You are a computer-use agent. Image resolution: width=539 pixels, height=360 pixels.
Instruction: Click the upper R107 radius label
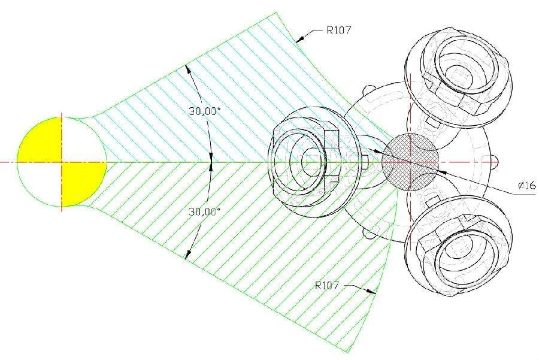(338, 31)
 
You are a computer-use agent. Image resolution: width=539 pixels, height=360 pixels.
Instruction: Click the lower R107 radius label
(327, 285)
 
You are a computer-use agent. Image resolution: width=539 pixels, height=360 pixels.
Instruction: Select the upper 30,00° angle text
(204, 111)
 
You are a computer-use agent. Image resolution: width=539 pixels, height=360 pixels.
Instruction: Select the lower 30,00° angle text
(204, 211)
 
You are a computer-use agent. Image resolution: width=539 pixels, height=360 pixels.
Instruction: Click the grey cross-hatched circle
(410, 162)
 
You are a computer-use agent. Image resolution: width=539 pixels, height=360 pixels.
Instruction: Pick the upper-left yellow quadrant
(41, 141)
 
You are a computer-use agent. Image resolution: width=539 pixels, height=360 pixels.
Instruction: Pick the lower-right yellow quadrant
(83, 182)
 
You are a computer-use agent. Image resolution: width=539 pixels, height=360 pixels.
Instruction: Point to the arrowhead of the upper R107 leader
(300, 40)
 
